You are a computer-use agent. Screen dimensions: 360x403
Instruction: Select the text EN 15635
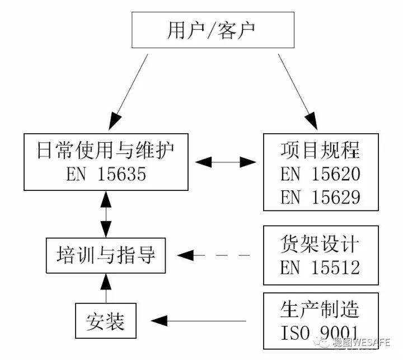[105, 175]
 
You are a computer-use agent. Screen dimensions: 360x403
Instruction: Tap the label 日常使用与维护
[105, 151]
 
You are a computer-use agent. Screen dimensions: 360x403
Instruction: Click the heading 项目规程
[320, 151]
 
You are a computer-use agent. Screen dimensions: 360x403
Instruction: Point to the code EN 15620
[320, 174]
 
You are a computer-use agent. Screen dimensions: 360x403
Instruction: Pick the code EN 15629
[320, 197]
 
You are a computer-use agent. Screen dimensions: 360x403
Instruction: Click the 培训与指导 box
[105, 256]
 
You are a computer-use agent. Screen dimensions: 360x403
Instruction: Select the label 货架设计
[320, 244]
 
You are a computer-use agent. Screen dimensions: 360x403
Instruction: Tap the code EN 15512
[320, 268]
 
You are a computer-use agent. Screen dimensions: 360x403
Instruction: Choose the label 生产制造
[320, 309]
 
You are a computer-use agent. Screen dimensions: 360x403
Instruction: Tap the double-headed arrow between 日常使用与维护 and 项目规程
[226, 162]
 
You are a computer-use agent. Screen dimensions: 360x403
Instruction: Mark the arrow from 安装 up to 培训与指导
[105, 288]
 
